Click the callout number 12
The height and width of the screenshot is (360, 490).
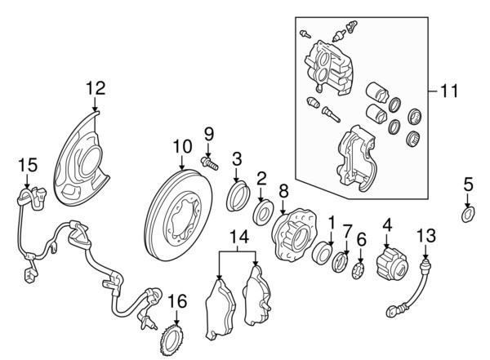point(96,87)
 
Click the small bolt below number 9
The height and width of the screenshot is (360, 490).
point(207,162)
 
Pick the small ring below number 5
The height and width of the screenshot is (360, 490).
point(467,215)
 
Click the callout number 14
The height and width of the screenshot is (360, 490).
point(238,238)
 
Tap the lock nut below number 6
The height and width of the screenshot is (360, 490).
point(358,271)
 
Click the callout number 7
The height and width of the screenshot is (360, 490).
point(347,233)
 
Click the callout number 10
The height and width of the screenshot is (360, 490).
point(180,148)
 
